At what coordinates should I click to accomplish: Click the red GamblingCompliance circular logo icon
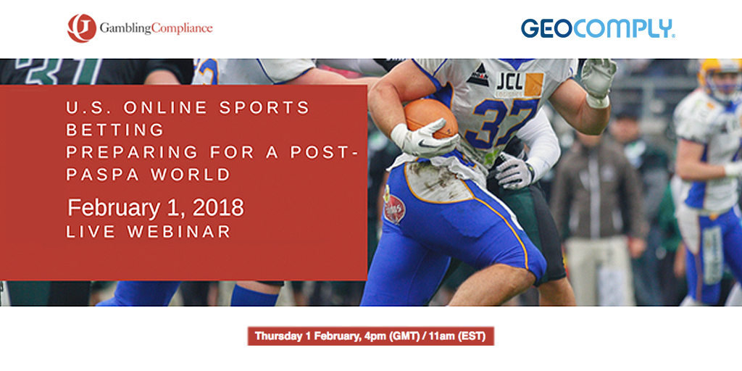pos(82,28)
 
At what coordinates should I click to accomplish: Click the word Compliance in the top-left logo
pos(182,28)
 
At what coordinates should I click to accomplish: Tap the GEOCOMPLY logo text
pos(598,28)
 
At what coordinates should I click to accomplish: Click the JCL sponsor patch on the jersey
pos(520,86)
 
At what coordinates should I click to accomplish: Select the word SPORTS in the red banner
pos(264,107)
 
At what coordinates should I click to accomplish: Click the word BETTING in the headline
pos(115,130)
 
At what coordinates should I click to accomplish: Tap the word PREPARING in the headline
pos(132,152)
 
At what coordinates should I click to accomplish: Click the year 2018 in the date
pos(219,208)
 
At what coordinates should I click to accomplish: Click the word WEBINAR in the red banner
pos(179,231)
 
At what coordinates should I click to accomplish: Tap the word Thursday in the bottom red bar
pos(278,336)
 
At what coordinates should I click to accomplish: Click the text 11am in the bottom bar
pos(449,336)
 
